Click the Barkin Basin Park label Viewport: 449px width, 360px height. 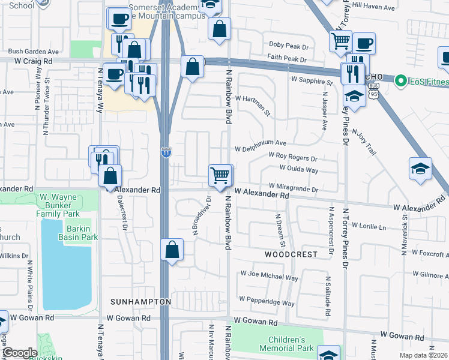(78, 233)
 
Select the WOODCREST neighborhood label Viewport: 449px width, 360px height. (291, 254)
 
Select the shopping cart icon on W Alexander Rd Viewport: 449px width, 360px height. (220, 176)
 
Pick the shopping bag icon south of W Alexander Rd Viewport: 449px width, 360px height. (172, 251)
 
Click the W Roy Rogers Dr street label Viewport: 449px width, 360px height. (293, 158)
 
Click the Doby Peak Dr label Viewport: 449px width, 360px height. (288, 46)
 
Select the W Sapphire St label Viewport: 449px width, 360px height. (312, 80)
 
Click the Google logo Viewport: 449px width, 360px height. (20, 353)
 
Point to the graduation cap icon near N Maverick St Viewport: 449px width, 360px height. (420, 170)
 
